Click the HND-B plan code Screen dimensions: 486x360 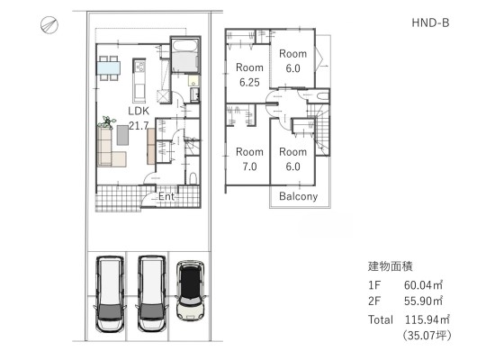pyautogui.click(x=430, y=22)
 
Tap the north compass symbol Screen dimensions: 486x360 pyautogui.click(x=49, y=25)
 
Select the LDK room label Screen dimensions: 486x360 pyautogui.click(x=139, y=111)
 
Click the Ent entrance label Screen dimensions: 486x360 pyautogui.click(x=166, y=196)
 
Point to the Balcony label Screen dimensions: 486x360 pyautogui.click(x=298, y=196)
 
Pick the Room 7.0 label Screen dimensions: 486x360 pyautogui.click(x=249, y=159)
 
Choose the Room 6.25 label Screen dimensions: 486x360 pyautogui.click(x=249, y=75)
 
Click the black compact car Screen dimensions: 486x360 pyautogui.click(x=190, y=291)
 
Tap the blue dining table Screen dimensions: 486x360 pyautogui.click(x=109, y=68)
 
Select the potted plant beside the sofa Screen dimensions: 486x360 pyautogui.click(x=107, y=121)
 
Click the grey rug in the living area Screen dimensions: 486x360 pyautogui.click(x=122, y=135)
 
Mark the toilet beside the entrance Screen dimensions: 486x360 pyautogui.click(x=193, y=178)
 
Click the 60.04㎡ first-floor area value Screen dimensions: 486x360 pyautogui.click(x=423, y=284)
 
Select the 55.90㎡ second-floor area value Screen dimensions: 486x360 pyautogui.click(x=423, y=301)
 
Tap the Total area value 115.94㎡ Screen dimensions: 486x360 pyautogui.click(x=427, y=319)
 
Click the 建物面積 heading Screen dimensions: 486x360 pyautogui.click(x=391, y=266)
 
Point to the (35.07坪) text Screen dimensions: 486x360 pyautogui.click(x=427, y=335)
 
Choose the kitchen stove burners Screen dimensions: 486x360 pyautogui.click(x=139, y=66)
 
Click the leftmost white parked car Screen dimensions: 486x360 pyautogui.click(x=110, y=294)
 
